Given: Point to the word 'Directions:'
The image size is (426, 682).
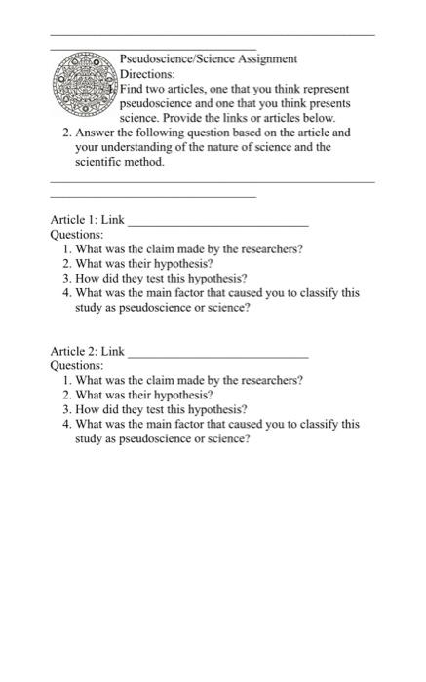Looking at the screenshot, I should click(x=147, y=74).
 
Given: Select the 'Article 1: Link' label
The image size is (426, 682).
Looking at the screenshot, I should click(x=87, y=220).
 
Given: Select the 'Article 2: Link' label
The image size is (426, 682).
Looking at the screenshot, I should click(x=87, y=351).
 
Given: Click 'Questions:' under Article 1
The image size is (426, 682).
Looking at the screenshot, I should click(x=76, y=235).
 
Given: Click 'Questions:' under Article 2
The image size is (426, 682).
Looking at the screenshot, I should click(x=76, y=365).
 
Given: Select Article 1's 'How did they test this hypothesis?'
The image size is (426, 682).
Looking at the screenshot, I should click(x=161, y=278).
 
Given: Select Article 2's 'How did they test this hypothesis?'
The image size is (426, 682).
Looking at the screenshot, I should click(x=161, y=409).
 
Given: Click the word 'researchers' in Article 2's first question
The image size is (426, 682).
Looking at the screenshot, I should click(x=271, y=380).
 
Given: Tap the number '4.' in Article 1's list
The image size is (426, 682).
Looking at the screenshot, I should click(x=65, y=292).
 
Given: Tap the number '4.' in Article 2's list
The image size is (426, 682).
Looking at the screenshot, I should click(x=65, y=424).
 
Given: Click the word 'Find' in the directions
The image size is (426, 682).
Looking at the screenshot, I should click(x=132, y=89).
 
